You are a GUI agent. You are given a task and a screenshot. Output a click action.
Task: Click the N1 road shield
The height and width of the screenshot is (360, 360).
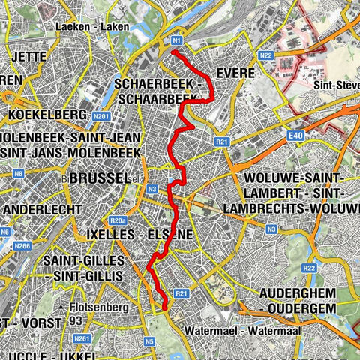pyautogui.click(x=177, y=40)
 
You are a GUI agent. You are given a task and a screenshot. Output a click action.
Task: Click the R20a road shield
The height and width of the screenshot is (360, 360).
pyautogui.click(x=117, y=221)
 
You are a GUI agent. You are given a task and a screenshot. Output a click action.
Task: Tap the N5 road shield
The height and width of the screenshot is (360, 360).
pyautogui.click(x=150, y=340)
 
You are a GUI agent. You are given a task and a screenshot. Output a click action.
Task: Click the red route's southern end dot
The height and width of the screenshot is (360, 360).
pyautogui.click(x=164, y=306)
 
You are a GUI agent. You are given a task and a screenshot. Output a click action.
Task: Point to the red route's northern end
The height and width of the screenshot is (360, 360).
pyautogui.click(x=174, y=52)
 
